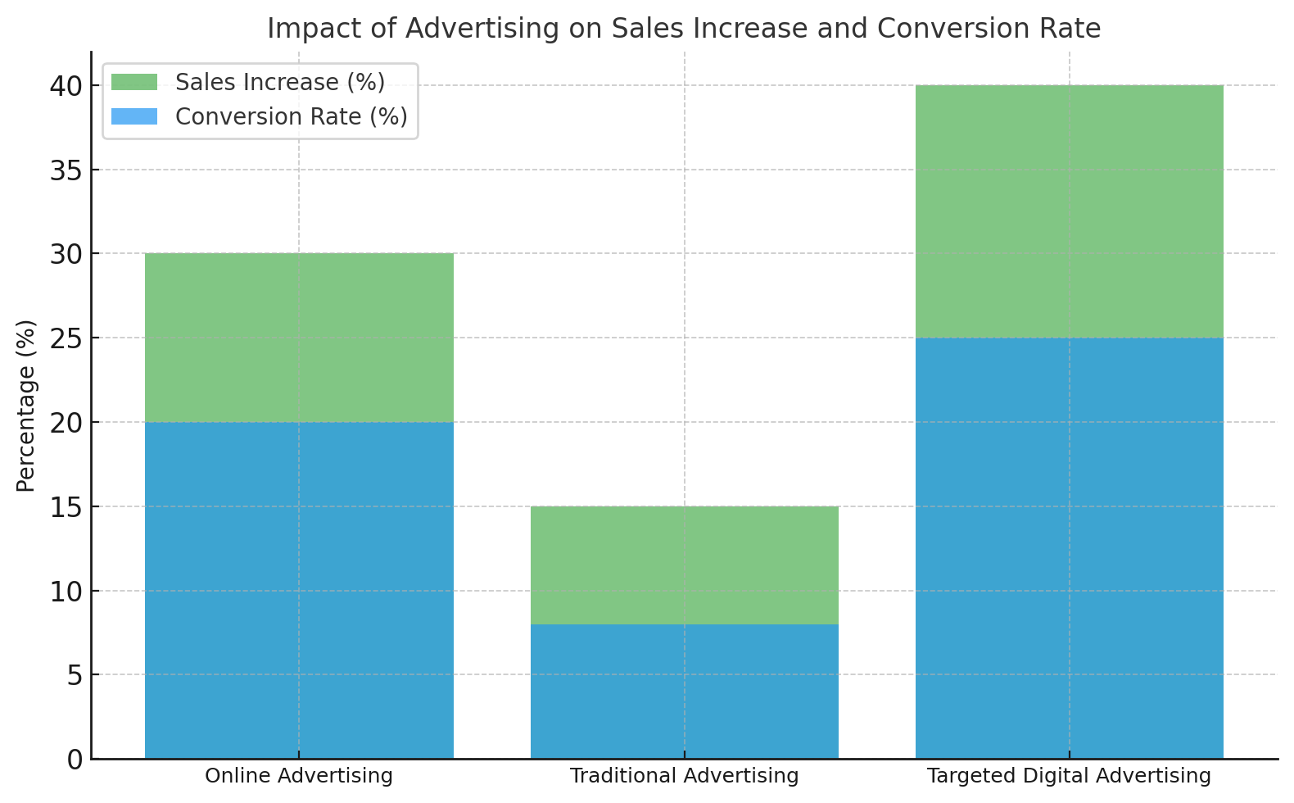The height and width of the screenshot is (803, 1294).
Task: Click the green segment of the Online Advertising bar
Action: coord(299,338)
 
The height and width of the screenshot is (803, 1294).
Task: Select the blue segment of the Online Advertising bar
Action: coord(299,590)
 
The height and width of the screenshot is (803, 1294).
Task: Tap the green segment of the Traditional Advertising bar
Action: coord(685,565)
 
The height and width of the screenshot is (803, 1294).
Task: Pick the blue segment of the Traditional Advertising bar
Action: coord(685,692)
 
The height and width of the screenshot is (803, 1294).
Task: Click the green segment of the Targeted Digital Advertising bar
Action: coord(1070,211)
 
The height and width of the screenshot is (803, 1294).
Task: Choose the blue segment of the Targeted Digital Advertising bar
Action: coord(1070,548)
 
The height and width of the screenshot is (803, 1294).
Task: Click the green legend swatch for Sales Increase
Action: coord(134,82)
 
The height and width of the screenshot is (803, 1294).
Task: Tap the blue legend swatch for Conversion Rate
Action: coord(134,116)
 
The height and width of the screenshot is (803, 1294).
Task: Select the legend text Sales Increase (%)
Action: coord(280,83)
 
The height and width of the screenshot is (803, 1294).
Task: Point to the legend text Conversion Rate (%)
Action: coord(292,117)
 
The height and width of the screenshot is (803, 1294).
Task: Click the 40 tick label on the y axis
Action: coord(66,86)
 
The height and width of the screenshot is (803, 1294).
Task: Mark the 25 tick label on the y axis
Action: coord(66,338)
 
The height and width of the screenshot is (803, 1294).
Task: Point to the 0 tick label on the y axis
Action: coord(75,760)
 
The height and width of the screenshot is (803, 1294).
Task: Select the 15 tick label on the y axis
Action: coord(66,507)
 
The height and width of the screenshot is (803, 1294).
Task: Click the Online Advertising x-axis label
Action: coord(299,776)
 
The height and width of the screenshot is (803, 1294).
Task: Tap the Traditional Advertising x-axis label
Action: coord(685,776)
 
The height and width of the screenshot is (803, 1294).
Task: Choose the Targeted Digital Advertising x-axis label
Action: coord(1070,776)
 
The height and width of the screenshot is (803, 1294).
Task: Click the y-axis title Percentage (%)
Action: coord(26,406)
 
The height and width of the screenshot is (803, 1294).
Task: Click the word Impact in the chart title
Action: coord(314,29)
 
